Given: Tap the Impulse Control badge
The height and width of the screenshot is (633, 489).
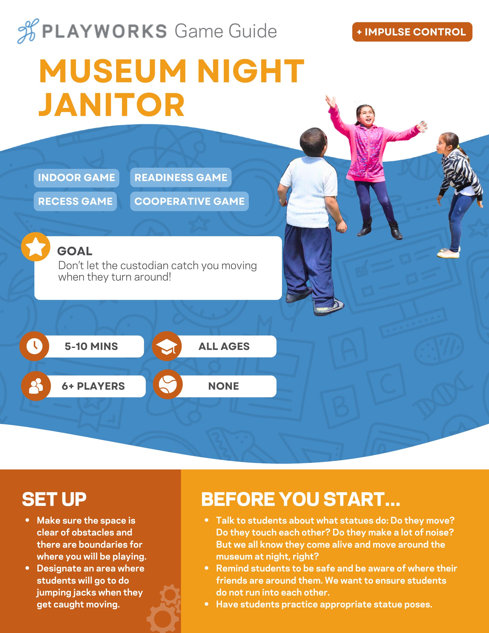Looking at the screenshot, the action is click(x=412, y=32).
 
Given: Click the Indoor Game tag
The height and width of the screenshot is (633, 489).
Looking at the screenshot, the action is click(x=76, y=178).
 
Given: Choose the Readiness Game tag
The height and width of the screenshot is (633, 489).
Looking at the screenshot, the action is click(x=181, y=177).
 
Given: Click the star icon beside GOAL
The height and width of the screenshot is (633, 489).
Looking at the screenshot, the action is click(x=36, y=247).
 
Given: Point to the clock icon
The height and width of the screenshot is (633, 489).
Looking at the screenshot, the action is click(x=34, y=346).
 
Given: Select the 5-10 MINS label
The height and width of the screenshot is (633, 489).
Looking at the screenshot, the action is click(x=91, y=346).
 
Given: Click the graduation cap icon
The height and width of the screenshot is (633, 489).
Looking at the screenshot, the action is click(x=167, y=346).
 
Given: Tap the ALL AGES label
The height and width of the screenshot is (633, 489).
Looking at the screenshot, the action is click(x=224, y=346).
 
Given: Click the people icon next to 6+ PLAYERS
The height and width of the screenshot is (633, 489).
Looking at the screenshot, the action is click(x=36, y=386).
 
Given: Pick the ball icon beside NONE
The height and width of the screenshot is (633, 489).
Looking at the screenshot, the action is click(x=168, y=384).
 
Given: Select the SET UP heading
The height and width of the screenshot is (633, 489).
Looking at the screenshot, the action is click(x=54, y=499).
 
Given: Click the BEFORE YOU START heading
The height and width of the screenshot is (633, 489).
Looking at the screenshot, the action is click(x=301, y=499).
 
